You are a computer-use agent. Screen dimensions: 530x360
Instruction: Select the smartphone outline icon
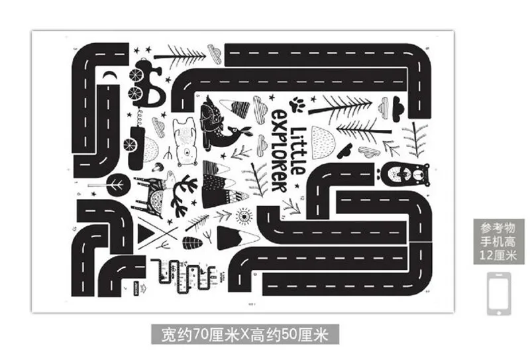498,292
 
